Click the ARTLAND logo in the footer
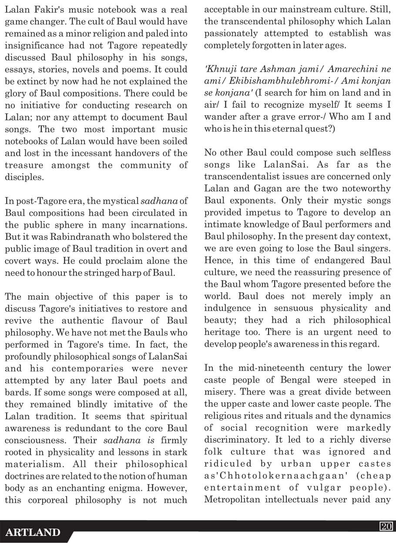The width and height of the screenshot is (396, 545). pos(33,532)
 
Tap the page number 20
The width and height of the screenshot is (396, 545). pos(385,526)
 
